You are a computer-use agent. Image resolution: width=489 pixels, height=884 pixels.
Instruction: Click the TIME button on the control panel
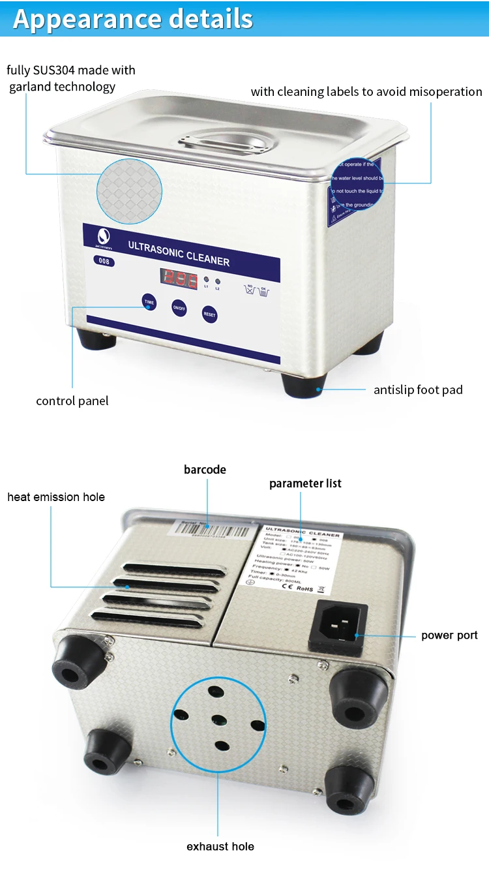pos(149,302)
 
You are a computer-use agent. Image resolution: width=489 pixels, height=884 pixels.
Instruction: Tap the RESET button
pos(209,314)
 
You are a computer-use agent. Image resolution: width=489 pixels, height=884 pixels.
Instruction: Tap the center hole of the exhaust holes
pos(218,720)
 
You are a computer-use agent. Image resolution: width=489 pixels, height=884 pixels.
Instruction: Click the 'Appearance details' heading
pos(133,18)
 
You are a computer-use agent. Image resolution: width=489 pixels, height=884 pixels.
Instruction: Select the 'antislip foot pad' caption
pos(418,390)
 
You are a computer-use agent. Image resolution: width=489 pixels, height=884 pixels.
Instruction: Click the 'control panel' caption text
pos(72,401)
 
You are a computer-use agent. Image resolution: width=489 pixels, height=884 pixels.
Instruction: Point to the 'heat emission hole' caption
pos(56,497)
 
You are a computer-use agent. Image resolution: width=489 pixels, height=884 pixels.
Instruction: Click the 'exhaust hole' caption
pos(220,847)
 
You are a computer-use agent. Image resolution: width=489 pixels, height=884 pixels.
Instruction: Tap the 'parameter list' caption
pos(305,483)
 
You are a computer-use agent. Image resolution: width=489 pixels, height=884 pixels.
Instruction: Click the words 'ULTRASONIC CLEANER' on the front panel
pos(178,253)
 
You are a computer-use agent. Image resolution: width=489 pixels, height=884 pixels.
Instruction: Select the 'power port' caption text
pos(449,635)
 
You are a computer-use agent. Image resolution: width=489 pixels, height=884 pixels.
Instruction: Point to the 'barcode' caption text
pos(205,470)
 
